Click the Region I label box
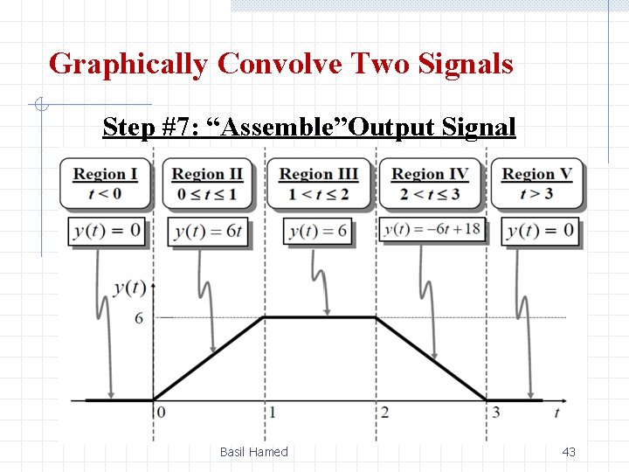105,184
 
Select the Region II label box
208,184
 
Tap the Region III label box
319,184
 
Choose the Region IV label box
431,184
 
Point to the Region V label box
536,184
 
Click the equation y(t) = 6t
208,232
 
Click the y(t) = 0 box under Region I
107,232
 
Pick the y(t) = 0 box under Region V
540,232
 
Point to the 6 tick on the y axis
139,318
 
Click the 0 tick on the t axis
161,413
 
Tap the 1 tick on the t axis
273,413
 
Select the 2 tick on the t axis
384,413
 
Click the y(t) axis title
129,287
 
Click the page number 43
569,452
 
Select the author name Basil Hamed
253,452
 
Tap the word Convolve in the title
280,64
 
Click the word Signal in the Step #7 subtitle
479,127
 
